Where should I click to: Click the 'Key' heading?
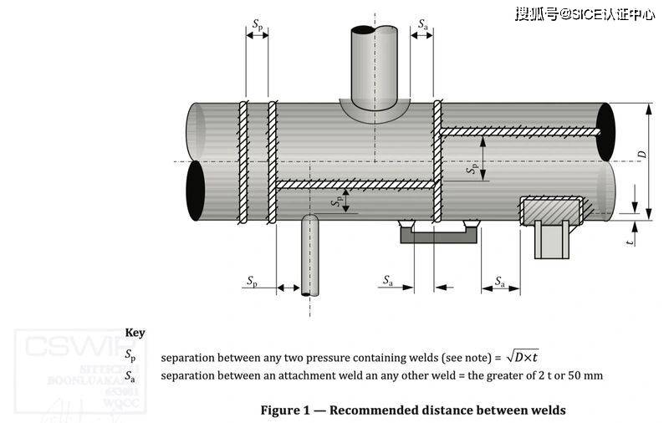tap(135, 332)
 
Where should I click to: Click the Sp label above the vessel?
tap(256, 25)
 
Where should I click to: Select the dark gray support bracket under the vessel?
tap(438, 236)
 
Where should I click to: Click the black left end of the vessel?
tap(195, 190)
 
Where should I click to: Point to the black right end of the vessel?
tap(605, 132)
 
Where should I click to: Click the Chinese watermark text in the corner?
tap(584, 14)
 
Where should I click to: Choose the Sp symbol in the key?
tap(130, 355)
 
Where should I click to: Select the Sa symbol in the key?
tap(130, 375)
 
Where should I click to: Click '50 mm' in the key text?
tap(584, 375)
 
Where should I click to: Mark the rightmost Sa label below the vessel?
tap(500, 282)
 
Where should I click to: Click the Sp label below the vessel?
tap(252, 282)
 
